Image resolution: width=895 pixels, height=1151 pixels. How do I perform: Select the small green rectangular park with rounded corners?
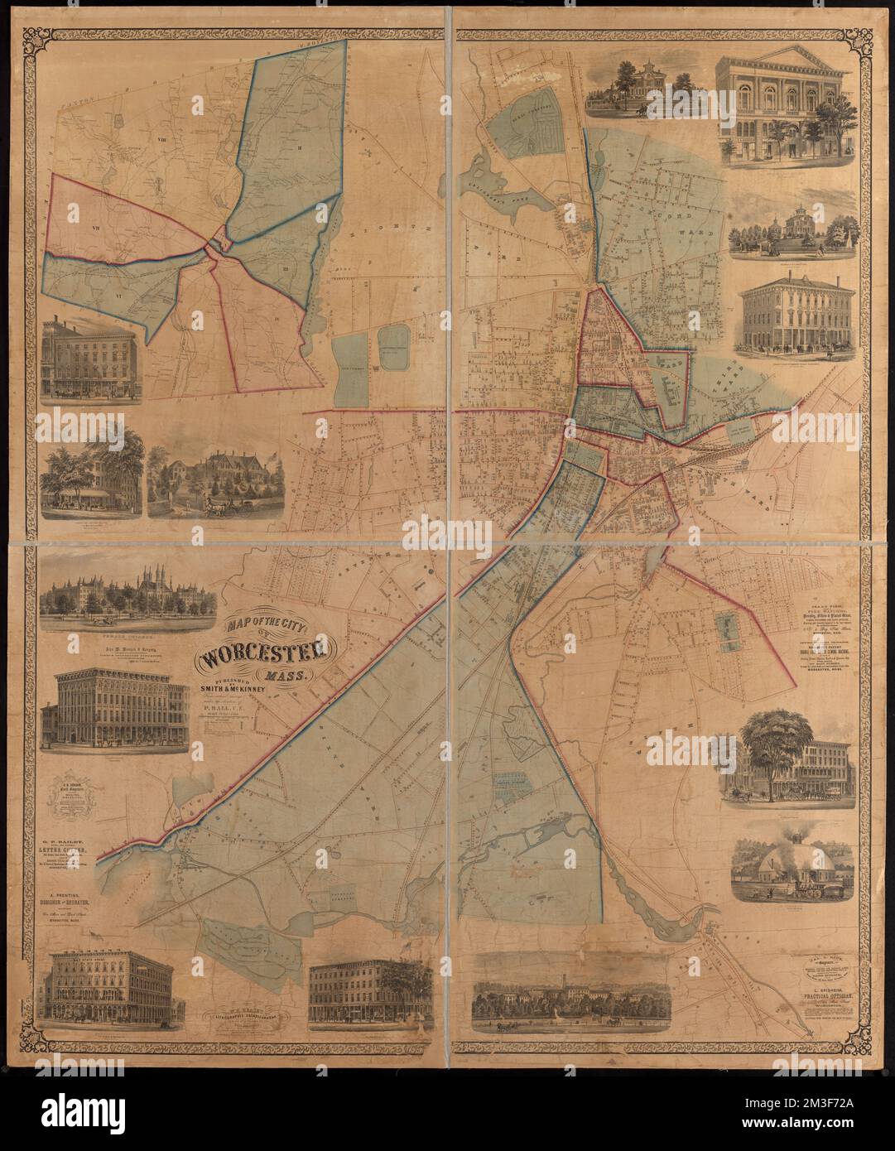pos(393,346)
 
